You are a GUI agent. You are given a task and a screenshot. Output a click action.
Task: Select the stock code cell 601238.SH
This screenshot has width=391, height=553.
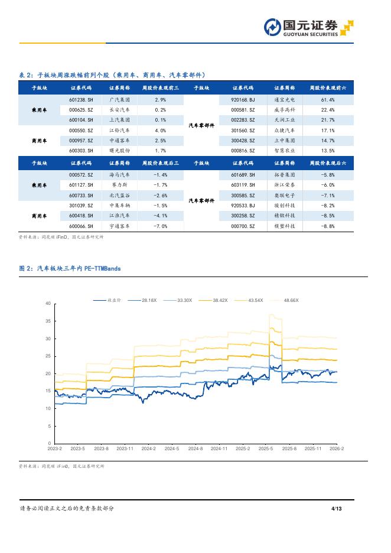[81, 100]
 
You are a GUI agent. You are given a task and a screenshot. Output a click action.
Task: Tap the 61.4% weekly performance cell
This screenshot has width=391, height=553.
[328, 100]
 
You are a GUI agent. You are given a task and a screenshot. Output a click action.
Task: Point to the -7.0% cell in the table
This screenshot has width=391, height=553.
[160, 226]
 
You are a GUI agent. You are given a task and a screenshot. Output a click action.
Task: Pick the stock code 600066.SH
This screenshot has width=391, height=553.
[81, 226]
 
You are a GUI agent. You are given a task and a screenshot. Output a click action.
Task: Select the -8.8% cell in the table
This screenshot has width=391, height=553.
[328, 226]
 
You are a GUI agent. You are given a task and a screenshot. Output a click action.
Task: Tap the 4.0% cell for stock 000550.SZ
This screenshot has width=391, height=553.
[160, 130]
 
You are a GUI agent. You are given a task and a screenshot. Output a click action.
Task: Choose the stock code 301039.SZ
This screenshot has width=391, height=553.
[81, 205]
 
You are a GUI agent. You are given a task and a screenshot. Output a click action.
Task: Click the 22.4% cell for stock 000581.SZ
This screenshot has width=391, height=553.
[328, 110]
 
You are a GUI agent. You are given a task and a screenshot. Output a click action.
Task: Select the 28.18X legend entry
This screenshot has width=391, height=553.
[149, 300]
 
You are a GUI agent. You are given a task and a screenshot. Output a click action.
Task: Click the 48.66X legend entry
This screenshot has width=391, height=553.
[291, 300]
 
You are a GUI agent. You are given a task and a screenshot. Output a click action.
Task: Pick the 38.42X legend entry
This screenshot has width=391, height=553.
[220, 300]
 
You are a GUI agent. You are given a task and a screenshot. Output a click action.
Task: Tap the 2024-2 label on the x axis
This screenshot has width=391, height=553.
[148, 449]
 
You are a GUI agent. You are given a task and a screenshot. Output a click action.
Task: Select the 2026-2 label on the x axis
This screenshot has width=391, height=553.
[336, 449]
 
